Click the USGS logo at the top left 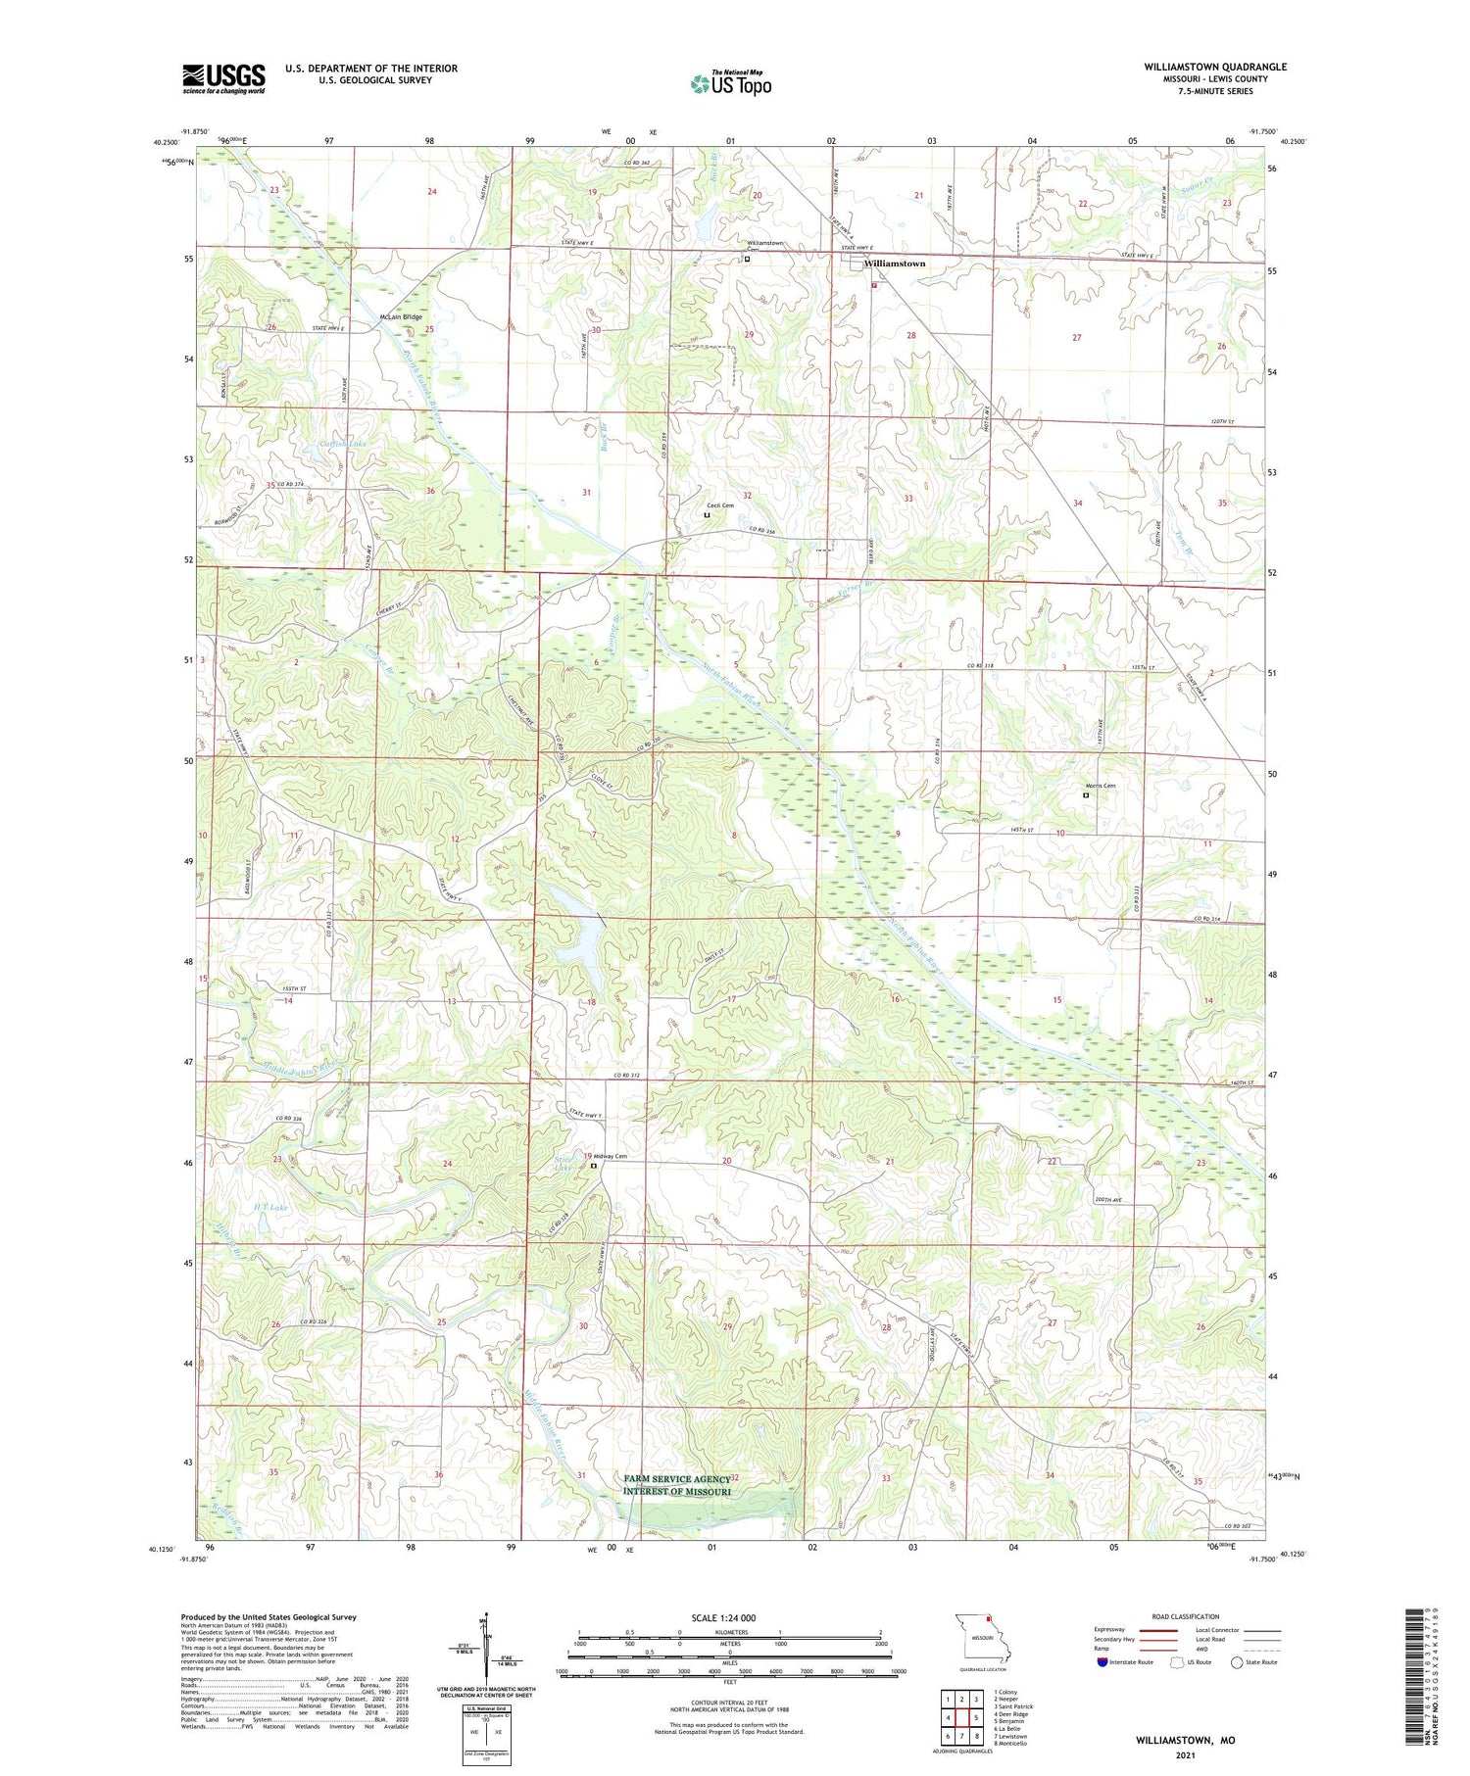pos(223,78)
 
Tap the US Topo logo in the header pos(730,84)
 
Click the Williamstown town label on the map pos(894,264)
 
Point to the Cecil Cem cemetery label pos(720,505)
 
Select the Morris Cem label pos(1100,786)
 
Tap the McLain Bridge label pos(400,317)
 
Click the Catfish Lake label pos(343,445)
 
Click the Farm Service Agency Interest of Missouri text pos(677,1485)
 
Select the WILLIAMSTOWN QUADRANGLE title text pos(1214,67)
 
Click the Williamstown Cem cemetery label pos(764,244)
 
